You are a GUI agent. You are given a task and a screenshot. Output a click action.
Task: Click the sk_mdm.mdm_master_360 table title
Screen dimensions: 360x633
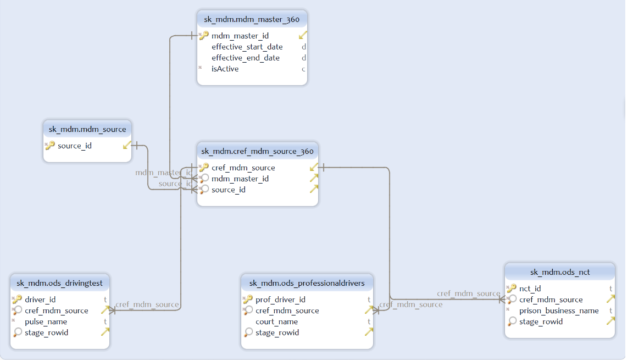[252, 19]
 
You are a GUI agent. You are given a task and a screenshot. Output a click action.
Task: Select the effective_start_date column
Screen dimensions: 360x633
[247, 47]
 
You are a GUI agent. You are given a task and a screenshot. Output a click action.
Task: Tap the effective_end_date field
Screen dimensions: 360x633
[245, 58]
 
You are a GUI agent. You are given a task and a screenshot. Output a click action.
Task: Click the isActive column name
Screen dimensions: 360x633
[225, 69]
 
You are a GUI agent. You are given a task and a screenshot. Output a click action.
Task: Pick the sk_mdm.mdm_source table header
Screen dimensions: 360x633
[87, 129]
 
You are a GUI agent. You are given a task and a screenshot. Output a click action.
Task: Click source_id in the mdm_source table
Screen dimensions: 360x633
[74, 146]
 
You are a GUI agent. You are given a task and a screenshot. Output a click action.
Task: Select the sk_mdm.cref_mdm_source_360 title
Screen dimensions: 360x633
[257, 151]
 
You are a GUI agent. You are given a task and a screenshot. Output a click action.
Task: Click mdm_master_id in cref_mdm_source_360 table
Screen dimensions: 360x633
[240, 179]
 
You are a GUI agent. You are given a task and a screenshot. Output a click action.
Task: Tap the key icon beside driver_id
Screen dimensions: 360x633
[17, 300]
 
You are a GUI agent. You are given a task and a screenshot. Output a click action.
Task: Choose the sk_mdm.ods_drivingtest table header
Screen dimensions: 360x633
[60, 283]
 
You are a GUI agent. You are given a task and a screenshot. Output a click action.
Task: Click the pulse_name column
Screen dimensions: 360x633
[46, 322]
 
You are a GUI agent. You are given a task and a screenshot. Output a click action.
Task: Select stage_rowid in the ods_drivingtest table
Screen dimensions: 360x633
[46, 333]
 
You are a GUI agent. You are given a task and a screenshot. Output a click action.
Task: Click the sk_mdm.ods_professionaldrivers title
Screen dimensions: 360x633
[307, 283]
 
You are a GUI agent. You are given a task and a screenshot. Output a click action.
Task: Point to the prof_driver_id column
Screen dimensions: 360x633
[280, 300]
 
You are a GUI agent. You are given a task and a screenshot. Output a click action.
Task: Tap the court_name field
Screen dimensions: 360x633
[276, 322]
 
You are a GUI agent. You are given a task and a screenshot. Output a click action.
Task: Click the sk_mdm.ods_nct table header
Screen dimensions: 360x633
[559, 272]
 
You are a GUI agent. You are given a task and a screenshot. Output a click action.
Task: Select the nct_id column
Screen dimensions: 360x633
[530, 289]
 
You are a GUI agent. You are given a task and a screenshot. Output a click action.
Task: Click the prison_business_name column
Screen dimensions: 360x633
[559, 311]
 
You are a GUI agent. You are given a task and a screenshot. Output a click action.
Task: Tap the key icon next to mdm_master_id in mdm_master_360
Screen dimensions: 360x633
[204, 36]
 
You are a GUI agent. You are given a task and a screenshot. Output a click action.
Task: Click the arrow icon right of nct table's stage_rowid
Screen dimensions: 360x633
[610, 321]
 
